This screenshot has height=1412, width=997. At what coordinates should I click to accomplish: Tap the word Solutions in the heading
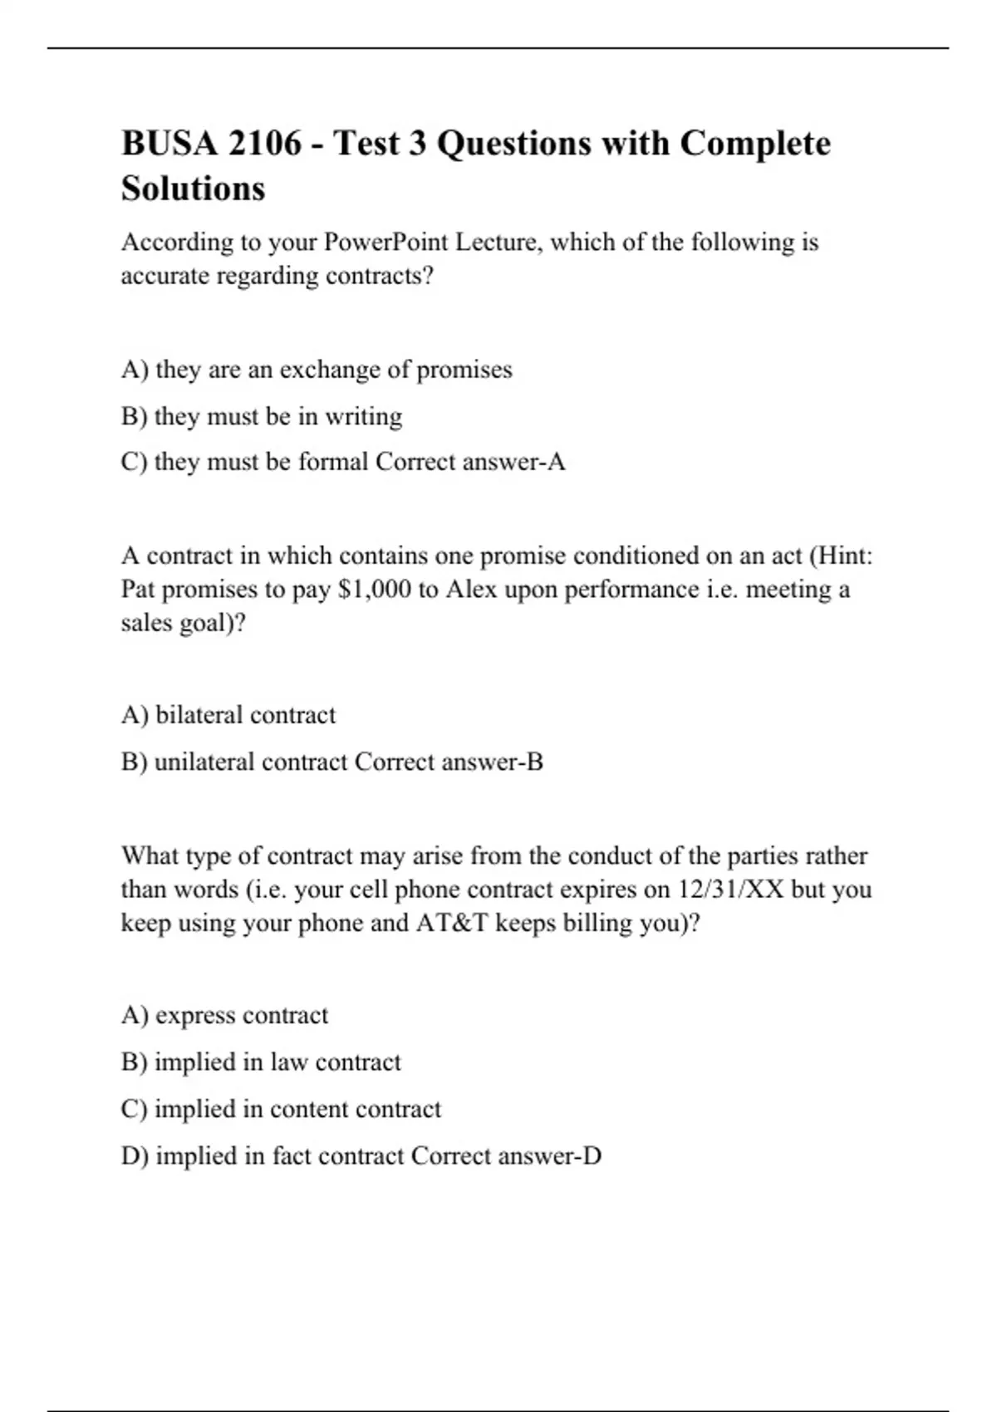pyautogui.click(x=193, y=189)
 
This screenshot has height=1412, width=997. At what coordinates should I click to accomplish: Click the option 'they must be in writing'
pyautogui.click(x=262, y=416)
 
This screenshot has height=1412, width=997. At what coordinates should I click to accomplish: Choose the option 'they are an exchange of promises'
pyautogui.click(x=317, y=370)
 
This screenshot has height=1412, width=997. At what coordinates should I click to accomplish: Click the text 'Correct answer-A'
pyautogui.click(x=470, y=462)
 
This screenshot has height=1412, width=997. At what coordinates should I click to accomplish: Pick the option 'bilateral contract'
pyautogui.click(x=228, y=715)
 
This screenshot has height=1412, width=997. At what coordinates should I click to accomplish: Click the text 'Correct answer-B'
pyautogui.click(x=449, y=762)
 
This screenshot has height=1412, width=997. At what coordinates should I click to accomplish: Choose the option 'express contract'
pyautogui.click(x=224, y=1016)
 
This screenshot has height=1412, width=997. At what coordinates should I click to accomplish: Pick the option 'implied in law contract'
pyautogui.click(x=261, y=1062)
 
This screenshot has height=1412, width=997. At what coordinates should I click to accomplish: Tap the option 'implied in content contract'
pyautogui.click(x=281, y=1110)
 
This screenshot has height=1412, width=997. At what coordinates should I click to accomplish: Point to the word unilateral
pyautogui.click(x=204, y=762)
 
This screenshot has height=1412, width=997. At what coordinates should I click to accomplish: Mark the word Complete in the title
pyautogui.click(x=754, y=144)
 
